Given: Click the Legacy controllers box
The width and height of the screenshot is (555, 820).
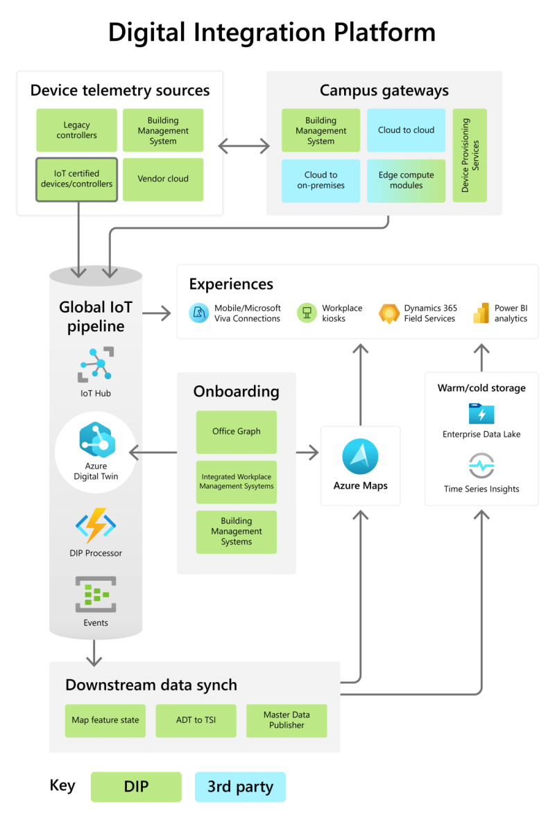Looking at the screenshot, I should tap(76, 130).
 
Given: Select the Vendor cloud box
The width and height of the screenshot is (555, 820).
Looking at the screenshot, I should tap(163, 179).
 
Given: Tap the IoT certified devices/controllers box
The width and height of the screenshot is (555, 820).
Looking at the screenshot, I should tap(76, 179).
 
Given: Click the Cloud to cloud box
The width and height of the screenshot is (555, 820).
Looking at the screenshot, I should tap(406, 130).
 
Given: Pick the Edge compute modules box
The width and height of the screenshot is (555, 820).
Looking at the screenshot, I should tap(406, 180).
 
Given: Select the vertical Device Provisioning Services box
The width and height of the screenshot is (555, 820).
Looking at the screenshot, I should tap(470, 155).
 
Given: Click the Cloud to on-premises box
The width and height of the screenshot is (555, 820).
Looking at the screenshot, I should tap(321, 180).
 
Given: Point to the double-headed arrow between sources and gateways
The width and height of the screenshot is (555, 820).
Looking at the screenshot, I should tap(244, 146).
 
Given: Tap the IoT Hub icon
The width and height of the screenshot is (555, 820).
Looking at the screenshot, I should tap(95, 365).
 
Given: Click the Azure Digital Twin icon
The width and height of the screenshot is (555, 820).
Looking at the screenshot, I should tap(96, 439).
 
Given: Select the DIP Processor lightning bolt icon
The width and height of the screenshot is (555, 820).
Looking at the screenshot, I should tap(95, 525).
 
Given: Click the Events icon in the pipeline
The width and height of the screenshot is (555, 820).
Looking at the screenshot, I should tap(95, 595).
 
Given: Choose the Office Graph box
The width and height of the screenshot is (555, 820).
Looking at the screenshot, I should tap(236, 432).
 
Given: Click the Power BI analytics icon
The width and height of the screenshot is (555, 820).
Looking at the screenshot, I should tap(481, 313).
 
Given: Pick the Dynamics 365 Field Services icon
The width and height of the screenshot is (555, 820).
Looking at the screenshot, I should tap(389, 313).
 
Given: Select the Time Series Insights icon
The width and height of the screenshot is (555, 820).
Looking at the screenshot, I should tap(481, 465).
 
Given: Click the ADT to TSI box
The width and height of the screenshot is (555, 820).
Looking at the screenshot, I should tap(196, 720).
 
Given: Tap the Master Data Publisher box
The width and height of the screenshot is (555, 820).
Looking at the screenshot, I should tap(287, 720).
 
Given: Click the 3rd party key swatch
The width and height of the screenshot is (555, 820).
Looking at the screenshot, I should tap(240, 787).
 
